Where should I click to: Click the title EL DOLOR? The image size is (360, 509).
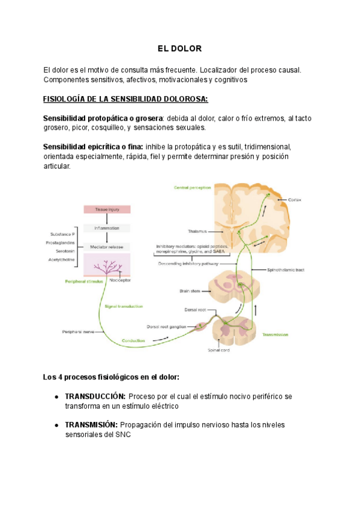179,48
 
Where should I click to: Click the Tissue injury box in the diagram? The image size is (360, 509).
106,209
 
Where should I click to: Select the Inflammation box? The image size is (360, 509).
106,228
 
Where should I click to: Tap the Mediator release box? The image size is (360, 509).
106,246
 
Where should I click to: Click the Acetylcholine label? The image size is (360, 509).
62,259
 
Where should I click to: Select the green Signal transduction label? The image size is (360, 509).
124,306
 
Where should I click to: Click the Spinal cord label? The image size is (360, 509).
218,351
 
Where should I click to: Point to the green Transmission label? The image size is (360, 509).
275,335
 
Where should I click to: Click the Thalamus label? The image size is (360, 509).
196,231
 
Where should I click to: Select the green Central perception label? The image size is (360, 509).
192,187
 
